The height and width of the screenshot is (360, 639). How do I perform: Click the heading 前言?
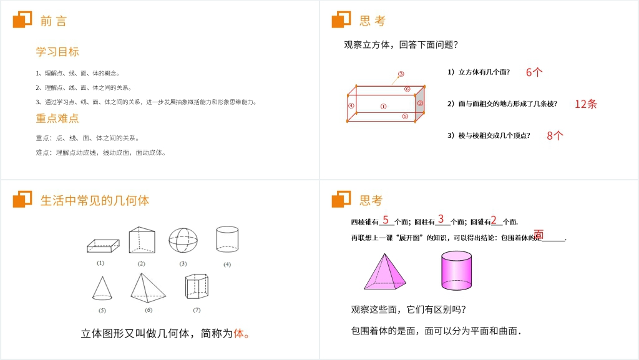53,21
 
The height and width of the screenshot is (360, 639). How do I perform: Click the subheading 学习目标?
57,52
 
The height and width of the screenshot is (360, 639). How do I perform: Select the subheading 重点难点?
57,118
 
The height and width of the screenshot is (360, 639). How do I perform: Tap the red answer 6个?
534,72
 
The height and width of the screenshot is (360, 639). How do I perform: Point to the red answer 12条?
586,104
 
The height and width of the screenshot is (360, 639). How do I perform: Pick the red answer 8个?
555,135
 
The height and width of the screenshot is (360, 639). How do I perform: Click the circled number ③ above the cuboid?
401,74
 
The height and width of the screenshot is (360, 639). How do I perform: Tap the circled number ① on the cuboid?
383,106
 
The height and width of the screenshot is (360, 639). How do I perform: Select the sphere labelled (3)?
183,240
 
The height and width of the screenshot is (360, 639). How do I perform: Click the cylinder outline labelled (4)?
227,239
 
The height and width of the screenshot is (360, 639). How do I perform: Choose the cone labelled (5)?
102,288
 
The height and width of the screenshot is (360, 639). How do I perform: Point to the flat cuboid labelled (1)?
102,246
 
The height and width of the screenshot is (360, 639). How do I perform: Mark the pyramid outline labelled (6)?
148,288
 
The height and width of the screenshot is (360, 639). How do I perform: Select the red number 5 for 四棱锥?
386,220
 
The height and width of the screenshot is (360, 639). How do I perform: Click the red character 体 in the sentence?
238,334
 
